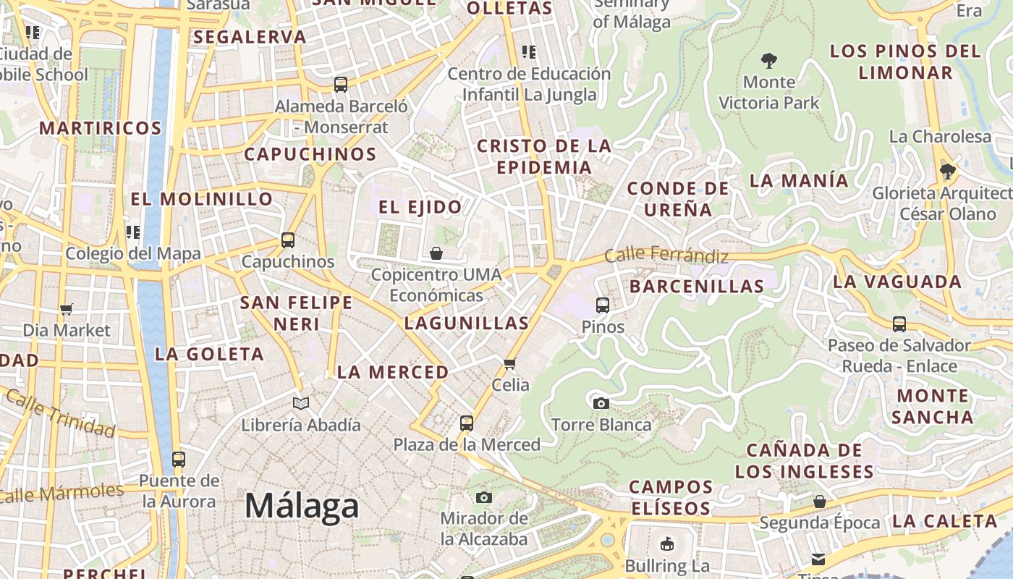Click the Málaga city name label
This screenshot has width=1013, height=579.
301,506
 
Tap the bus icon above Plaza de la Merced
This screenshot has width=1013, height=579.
467,423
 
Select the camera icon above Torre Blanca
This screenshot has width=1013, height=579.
601,403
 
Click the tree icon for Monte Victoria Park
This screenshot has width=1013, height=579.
768,61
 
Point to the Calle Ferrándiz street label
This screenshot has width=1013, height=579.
666,255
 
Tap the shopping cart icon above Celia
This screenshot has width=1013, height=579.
510,363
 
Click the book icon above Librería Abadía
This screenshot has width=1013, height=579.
301,403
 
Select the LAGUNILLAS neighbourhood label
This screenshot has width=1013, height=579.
466,323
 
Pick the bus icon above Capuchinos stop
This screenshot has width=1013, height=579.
288,240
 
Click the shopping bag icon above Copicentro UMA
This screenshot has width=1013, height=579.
436,253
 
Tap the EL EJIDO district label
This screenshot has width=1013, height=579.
420,207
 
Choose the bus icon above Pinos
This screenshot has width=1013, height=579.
602,305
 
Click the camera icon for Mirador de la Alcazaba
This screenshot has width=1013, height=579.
484,497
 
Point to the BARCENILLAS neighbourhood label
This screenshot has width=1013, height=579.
696,286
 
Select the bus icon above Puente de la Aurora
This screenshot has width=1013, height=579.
178,459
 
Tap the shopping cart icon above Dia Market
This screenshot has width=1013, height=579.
67,309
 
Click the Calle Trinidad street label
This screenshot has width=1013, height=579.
59,413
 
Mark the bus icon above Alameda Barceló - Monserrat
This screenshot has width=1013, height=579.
341,85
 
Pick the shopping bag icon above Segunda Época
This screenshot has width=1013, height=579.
820,501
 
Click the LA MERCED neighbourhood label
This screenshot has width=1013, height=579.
393,372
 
